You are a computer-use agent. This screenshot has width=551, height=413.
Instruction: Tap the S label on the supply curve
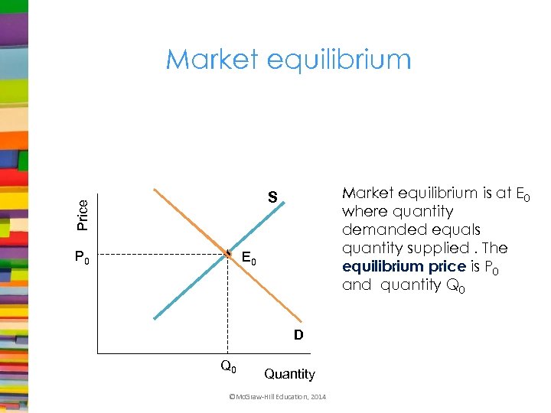tap(272, 197)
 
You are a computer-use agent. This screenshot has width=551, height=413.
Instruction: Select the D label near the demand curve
tap(298, 334)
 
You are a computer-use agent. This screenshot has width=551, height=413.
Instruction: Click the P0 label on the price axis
tap(82, 259)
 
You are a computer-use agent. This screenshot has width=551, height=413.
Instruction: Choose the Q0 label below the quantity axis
tap(228, 367)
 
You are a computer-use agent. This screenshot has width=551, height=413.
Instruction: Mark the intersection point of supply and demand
tap(227, 252)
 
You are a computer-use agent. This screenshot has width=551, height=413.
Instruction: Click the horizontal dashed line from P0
tap(161, 253)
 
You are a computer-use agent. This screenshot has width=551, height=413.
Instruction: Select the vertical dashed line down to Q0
tap(227, 306)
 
